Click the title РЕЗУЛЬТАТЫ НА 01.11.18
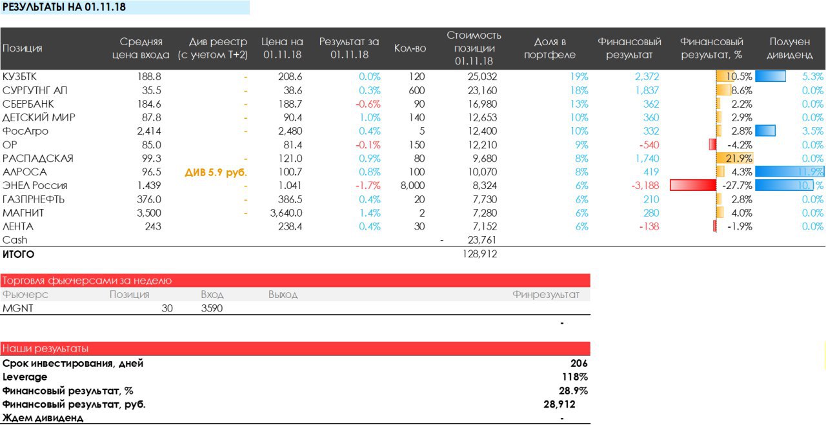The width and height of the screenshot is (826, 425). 64,7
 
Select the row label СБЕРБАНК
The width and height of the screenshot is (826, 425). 28,104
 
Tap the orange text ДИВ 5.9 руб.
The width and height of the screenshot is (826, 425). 216,172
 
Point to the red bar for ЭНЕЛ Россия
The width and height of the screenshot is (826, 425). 693,186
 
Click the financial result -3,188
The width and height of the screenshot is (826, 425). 645,186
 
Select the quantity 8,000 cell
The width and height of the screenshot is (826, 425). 412,186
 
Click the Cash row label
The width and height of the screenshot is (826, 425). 15,240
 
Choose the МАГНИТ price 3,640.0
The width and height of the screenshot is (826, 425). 286,213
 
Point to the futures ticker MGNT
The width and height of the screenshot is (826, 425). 17,308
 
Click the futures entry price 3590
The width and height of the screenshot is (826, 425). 212,308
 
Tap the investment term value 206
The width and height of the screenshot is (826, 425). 579,363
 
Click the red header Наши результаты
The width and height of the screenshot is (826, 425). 45,349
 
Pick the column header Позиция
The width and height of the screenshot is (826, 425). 23,48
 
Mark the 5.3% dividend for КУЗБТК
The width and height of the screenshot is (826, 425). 812,77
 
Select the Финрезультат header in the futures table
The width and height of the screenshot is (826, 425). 546,295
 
